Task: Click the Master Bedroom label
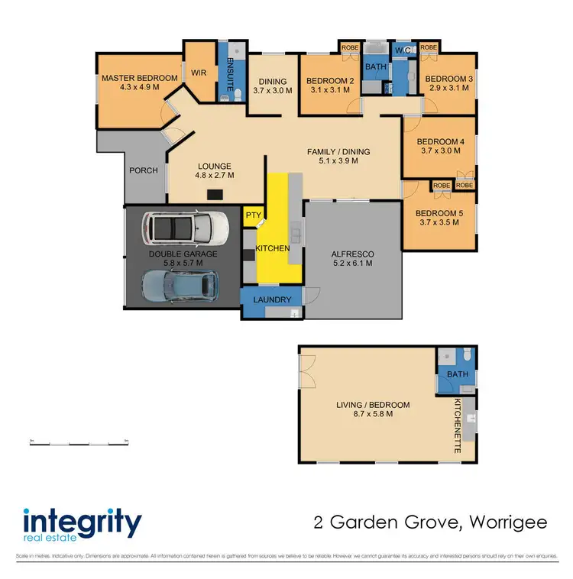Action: pyautogui.click(x=139, y=78)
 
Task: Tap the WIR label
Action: pyautogui.click(x=199, y=73)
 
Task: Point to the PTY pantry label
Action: pyautogui.click(x=251, y=216)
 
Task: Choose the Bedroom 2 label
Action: pyautogui.click(x=330, y=80)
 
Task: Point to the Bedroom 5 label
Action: pyautogui.click(x=439, y=212)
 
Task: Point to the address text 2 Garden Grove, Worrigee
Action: pyautogui.click(x=430, y=523)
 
